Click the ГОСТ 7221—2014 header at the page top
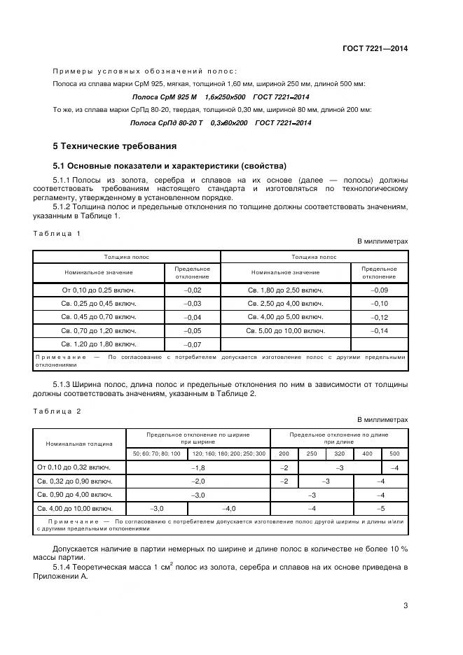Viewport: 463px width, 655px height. tap(375, 48)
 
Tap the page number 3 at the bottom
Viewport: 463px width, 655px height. tap(406, 606)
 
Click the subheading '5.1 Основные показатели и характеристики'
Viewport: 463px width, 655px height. tap(170, 166)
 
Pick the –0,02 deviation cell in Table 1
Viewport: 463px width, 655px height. tap(192, 290)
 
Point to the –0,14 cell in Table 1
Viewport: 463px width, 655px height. tap(379, 330)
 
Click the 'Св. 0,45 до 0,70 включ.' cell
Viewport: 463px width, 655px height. tap(98, 317)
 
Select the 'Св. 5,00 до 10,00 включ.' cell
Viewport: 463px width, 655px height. tap(285, 330)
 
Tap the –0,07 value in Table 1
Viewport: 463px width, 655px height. tap(192, 344)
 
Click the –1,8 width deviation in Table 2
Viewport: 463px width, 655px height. tap(198, 467)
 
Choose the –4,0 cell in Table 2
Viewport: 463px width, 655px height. tap(229, 509)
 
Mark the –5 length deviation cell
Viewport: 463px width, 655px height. tap(380, 509)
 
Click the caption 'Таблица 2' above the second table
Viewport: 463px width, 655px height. tap(57, 411)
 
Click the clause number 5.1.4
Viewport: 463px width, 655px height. tap(63, 566)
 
